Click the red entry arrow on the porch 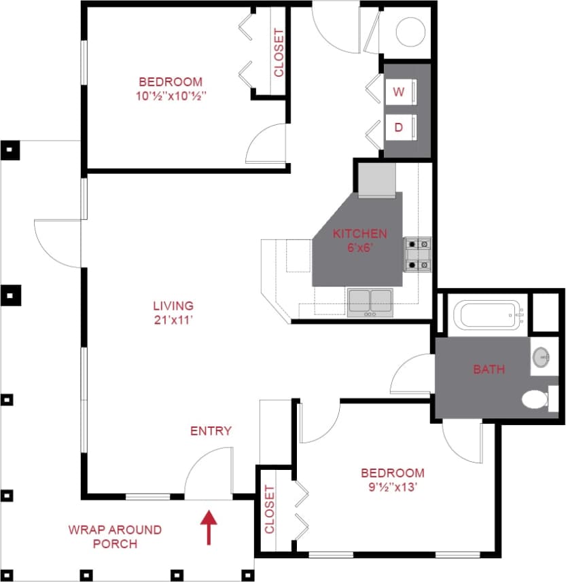(x=209, y=528)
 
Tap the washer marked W (x=399, y=93)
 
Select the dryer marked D (x=399, y=127)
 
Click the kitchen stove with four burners (x=417, y=254)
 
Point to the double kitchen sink (x=370, y=303)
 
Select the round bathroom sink (x=542, y=357)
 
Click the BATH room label (x=489, y=369)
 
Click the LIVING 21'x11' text (x=173, y=312)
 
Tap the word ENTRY (x=211, y=431)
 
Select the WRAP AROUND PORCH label (x=115, y=536)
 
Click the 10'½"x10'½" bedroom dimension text (x=170, y=96)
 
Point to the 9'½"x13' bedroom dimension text (x=392, y=486)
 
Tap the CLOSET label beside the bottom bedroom (x=269, y=509)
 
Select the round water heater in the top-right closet (x=410, y=31)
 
